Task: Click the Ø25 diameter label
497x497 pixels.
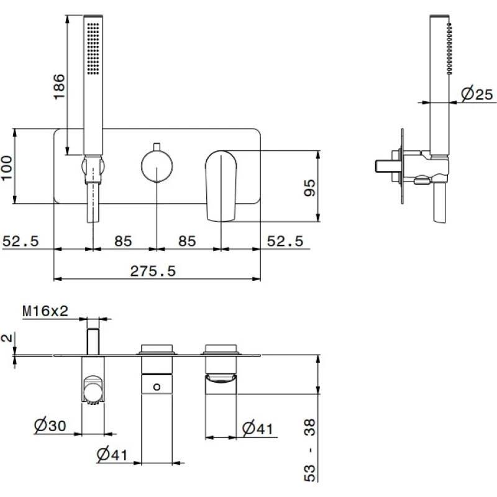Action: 476,94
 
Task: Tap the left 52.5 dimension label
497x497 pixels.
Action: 21,241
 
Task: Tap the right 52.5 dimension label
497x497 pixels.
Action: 285,241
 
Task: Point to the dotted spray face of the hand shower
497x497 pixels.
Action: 93,50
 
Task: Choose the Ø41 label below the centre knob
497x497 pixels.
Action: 112,455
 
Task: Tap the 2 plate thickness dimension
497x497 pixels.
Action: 6,338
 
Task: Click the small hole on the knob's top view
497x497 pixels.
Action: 157,388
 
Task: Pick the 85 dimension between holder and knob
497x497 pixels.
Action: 123,241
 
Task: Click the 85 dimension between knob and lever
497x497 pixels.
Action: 187,241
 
